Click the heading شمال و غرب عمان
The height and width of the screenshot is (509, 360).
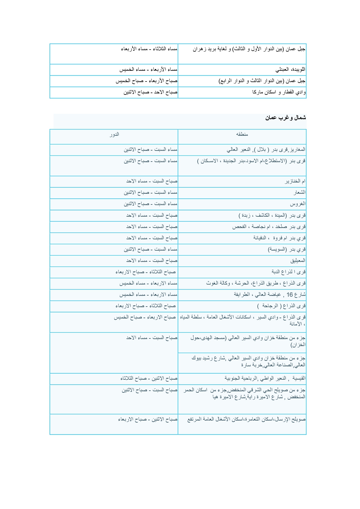pos(285,118)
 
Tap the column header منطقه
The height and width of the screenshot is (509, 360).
pos(242,134)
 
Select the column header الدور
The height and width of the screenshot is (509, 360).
pos(114,134)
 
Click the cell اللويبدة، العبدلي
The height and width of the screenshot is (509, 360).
pos(290,70)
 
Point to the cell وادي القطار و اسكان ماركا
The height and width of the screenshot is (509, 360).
pos(279,93)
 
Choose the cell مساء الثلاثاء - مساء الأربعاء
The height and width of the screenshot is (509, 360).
pos(149,49)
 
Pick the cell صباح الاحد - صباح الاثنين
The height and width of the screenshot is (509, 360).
pos(150,93)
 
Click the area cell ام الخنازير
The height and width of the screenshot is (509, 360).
pos(295,181)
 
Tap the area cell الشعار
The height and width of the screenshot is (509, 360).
pos(299,193)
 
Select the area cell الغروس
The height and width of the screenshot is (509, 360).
pos(298,204)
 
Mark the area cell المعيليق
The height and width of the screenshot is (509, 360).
pos(298,261)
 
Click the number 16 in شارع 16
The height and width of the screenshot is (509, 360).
pos(290,295)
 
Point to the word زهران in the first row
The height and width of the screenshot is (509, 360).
pos(199,49)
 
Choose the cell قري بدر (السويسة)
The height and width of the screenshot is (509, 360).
pos(287,249)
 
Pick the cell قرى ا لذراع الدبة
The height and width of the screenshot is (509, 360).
pos(289,272)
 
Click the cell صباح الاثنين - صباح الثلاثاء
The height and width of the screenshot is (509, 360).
pos(149,378)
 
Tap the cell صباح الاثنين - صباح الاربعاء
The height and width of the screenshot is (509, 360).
pos(148,419)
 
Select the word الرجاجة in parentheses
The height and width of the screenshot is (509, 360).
pos(270,306)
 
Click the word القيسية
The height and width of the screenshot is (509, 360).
pos(299,378)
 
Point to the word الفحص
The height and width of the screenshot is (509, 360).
pos(239,227)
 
